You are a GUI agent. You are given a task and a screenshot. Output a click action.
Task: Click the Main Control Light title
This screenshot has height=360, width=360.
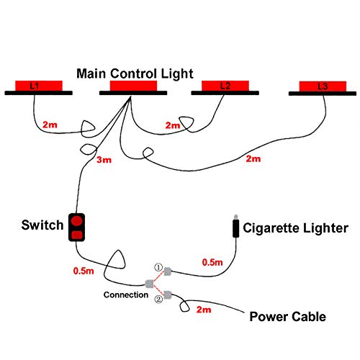tap(135, 73)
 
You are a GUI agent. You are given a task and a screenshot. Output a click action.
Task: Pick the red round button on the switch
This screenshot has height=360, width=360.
tap(77, 221)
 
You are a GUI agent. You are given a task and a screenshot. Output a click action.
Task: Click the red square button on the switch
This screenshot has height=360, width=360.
tap(77, 235)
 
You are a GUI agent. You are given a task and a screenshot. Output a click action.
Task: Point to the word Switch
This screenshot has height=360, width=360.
tap(42, 225)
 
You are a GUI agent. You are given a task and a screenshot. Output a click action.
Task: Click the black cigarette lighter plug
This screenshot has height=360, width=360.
tap(236, 227)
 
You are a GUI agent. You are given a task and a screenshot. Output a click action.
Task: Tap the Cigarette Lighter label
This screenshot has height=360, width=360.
tap(295, 228)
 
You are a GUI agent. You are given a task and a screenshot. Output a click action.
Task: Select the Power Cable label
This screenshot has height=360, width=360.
tap(288, 317)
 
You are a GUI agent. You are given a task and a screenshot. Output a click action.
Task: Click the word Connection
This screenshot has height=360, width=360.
tap(126, 294)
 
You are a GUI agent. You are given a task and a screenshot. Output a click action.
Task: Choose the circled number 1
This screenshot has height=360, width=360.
tap(158, 267)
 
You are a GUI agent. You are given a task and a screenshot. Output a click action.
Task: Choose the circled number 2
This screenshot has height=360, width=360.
tap(158, 299)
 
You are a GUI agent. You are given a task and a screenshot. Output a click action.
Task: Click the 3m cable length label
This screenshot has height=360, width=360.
tap(104, 160)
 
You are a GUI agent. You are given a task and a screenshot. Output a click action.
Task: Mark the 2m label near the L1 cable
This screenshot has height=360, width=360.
tap(50, 125)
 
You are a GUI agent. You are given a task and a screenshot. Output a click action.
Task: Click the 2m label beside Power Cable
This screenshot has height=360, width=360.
tap(204, 310)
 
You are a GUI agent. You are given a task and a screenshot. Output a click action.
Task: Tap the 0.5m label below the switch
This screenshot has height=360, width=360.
tap(84, 271)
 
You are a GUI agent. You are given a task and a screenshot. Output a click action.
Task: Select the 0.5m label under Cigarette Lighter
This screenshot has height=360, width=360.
tap(212, 262)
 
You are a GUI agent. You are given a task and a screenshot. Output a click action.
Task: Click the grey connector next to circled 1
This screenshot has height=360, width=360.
tap(167, 271)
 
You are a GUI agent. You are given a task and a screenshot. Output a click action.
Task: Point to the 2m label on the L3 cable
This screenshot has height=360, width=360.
tap(253, 158)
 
